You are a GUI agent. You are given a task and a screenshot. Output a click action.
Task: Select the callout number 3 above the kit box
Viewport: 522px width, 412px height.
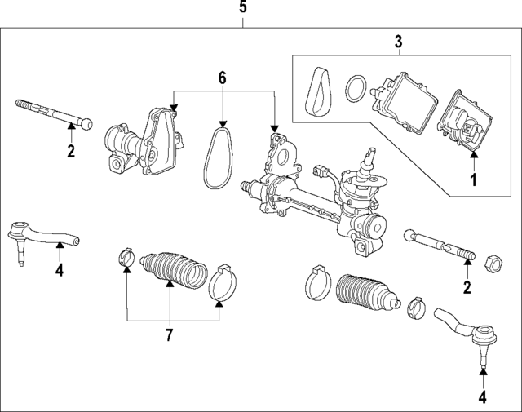[398, 41]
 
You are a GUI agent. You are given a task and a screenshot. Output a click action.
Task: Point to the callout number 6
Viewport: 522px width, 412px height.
[222, 78]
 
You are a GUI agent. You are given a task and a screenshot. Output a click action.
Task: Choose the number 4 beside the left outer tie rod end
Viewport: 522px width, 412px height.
[59, 271]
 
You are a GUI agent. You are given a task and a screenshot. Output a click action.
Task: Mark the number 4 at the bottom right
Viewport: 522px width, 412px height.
[482, 397]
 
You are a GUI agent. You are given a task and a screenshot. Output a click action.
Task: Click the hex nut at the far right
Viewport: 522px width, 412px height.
[493, 263]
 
